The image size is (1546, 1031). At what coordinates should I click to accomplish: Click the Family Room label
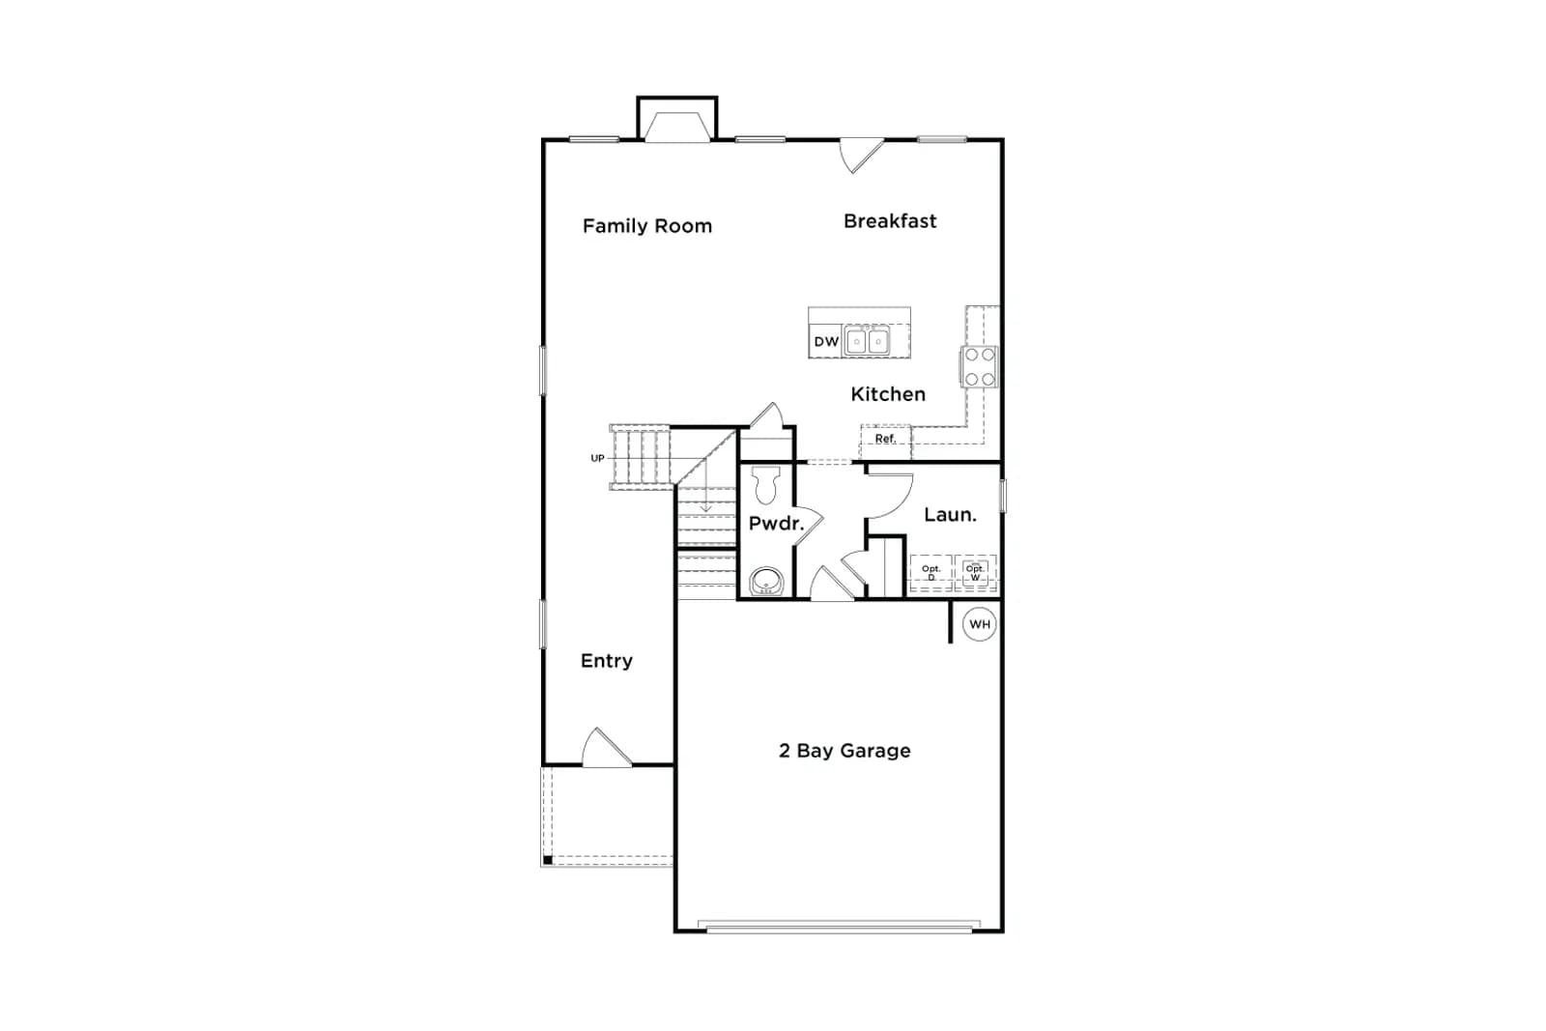click(x=646, y=226)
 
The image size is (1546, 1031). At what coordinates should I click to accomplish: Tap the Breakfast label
click(x=890, y=221)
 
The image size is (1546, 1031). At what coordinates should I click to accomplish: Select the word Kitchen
click(x=888, y=394)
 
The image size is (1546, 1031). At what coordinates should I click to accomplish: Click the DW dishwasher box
click(x=825, y=341)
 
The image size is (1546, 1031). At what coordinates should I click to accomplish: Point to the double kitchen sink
click(x=867, y=341)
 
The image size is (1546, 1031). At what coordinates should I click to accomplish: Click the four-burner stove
click(x=980, y=366)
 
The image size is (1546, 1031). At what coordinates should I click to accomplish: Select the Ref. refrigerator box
click(x=885, y=442)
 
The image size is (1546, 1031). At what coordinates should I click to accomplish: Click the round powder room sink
click(x=766, y=581)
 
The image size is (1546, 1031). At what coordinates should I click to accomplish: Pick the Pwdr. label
click(x=777, y=524)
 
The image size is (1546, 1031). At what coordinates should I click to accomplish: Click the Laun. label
click(x=950, y=515)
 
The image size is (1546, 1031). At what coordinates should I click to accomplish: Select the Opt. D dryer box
click(x=931, y=573)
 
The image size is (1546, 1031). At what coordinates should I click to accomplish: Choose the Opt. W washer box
click(x=975, y=573)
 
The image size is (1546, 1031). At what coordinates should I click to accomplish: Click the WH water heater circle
click(x=980, y=624)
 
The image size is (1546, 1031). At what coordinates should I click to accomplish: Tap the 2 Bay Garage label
click(x=845, y=751)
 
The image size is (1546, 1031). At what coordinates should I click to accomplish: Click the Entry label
click(x=607, y=661)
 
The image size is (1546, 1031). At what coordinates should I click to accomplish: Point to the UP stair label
click(x=597, y=458)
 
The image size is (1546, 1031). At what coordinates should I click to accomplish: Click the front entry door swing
click(x=606, y=748)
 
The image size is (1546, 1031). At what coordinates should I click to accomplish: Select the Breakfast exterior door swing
click(x=861, y=156)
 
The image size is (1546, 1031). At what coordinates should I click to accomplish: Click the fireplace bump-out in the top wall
click(x=677, y=120)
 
